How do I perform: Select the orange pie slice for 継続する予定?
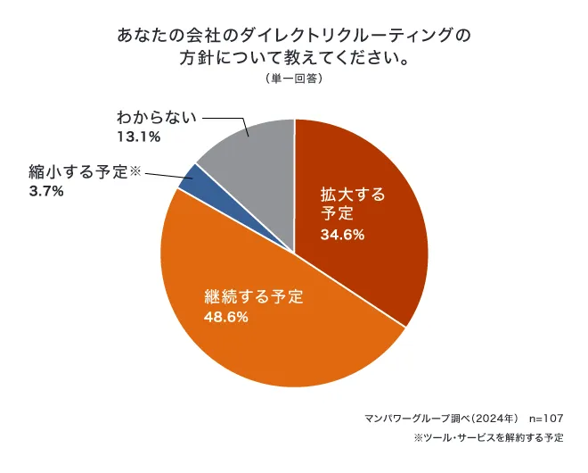pos(267,348)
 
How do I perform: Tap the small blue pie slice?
pos(189,176)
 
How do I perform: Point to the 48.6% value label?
pos(226,317)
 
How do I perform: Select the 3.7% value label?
pos(45,190)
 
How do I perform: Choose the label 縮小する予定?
pos(78,171)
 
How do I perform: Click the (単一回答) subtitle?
pos(293,79)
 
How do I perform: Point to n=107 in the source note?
pos(546,418)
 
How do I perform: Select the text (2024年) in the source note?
pos(488,418)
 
